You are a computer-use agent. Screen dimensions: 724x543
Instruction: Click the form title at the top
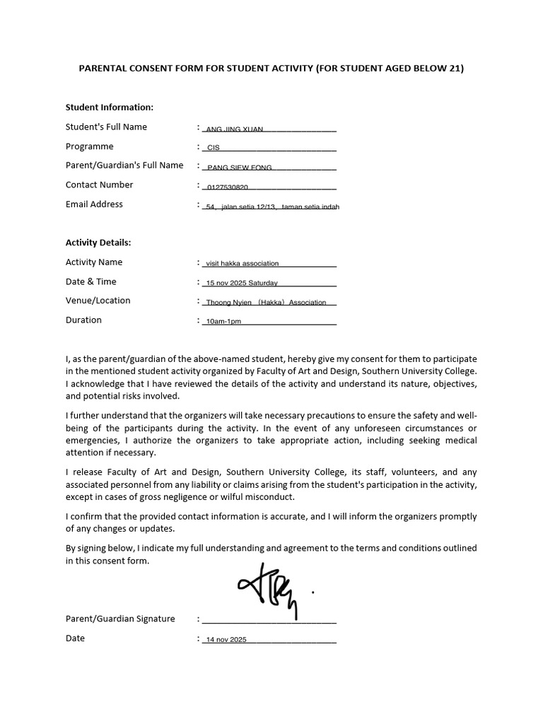[271, 69]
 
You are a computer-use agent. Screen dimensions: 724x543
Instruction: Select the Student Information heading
[110, 107]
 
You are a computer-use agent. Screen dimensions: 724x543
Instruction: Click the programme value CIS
[214, 148]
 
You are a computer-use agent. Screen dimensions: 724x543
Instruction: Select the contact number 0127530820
[227, 187]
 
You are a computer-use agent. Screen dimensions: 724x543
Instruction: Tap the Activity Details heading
[98, 243]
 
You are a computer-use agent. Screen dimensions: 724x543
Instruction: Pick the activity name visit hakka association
[242, 264]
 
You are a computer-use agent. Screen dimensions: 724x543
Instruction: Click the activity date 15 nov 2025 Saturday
[242, 283]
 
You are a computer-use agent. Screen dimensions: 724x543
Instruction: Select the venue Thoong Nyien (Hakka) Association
[266, 303]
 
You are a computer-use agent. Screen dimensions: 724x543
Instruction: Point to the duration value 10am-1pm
[223, 322]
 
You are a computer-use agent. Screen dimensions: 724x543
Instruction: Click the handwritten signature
[269, 587]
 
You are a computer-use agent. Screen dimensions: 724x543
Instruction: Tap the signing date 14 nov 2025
[226, 641]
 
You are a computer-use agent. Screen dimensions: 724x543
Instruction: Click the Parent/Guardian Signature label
[120, 619]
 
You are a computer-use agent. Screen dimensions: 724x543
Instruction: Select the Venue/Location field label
[98, 300]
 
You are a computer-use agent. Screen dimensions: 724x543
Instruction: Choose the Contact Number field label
[100, 185]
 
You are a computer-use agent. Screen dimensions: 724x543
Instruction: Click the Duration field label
[83, 320]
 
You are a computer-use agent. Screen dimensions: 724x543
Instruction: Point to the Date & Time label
[91, 281]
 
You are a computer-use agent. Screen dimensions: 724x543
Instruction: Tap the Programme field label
[90, 146]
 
